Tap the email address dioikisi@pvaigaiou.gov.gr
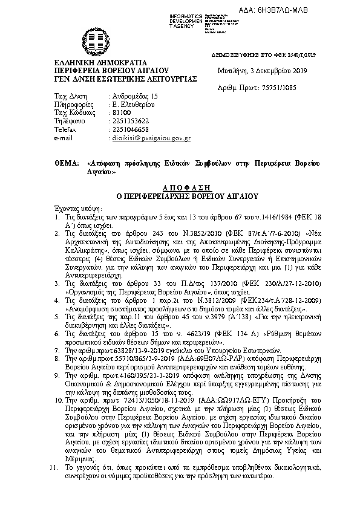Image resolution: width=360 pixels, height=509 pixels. (152, 138)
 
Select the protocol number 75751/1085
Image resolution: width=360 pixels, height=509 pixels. (275, 88)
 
